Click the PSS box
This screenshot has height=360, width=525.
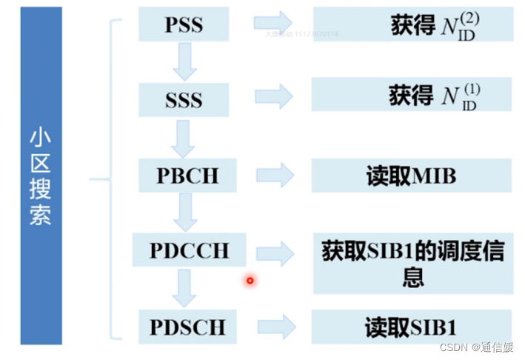184,24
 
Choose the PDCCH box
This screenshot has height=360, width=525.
190,250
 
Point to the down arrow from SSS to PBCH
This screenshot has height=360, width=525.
182,138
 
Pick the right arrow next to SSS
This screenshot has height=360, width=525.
273,96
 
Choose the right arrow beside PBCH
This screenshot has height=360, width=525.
275,176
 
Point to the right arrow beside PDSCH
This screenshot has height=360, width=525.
277,327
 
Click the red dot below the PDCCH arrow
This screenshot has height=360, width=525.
250,280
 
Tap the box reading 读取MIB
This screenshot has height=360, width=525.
412,176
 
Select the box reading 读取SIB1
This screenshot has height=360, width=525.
412,327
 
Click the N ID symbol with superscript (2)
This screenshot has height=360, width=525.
459,26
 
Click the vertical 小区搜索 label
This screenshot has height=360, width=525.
41,176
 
